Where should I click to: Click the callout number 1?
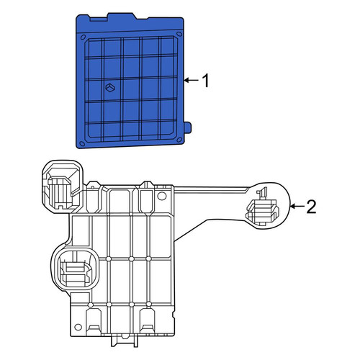[x=206, y=81]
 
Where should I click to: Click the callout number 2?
[x=311, y=207]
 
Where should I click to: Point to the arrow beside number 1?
[x=192, y=81]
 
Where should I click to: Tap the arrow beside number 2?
[x=297, y=206]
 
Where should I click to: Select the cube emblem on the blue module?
[x=110, y=88]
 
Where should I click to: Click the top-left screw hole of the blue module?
[x=83, y=37]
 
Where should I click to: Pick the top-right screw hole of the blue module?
[x=179, y=35]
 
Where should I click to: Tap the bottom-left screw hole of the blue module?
[x=82, y=143]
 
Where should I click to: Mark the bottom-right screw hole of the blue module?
[x=179, y=140]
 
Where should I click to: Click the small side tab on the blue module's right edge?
[x=188, y=127]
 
